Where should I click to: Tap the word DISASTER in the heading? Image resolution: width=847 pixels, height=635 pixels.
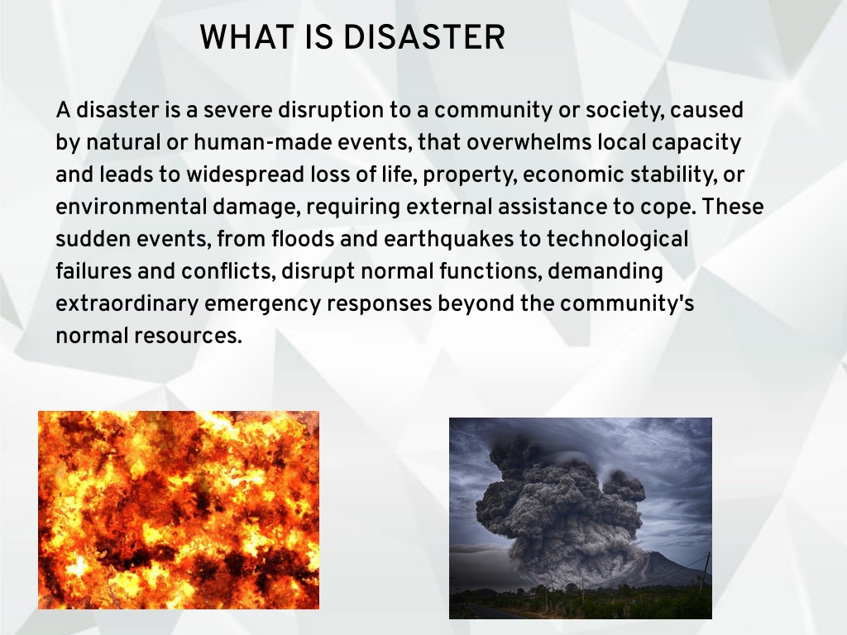click(x=424, y=37)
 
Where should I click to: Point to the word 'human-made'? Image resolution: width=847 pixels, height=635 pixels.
click(x=262, y=142)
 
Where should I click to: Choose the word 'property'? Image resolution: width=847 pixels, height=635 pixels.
click(x=470, y=176)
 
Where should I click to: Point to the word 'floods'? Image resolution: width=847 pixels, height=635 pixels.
click(x=303, y=239)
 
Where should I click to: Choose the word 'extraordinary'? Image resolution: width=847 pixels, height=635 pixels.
click(x=127, y=305)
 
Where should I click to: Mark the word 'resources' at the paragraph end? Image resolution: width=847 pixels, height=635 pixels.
click(x=188, y=337)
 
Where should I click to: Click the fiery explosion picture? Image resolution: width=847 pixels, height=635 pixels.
click(x=179, y=509)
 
